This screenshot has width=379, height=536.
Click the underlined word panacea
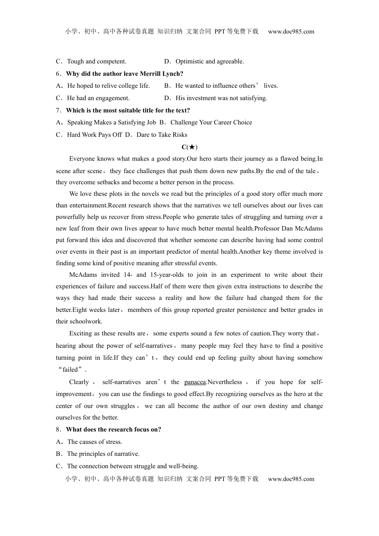pos(195,382)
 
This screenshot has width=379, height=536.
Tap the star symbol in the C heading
pos(192,147)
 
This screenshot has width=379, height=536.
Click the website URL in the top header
pos(291,32)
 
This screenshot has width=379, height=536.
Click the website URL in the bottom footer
pos(291,479)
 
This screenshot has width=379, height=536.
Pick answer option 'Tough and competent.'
pos(97,61)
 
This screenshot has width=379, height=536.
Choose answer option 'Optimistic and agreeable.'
pos(209,61)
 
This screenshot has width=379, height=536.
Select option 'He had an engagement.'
pos(98,98)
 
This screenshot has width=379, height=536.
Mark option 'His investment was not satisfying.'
pos(221,98)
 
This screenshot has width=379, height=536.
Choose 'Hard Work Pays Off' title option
pos(94,135)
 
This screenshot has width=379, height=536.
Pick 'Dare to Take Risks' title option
pos(162,135)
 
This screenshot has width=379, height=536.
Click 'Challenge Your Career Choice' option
pos(211,122)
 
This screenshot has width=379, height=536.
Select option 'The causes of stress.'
pos(95,442)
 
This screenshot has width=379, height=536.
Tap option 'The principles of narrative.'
pos(103,454)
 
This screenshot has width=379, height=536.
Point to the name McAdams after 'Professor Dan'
pos(308,229)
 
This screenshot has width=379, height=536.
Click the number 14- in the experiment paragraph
pos(128,275)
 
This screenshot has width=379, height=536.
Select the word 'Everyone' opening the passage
pos(83,159)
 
